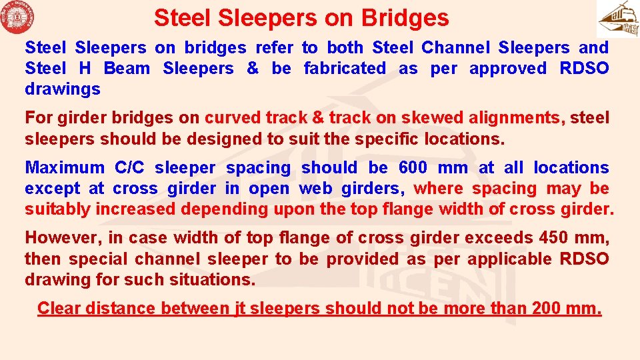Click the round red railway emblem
(18, 18)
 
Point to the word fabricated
(345, 68)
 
